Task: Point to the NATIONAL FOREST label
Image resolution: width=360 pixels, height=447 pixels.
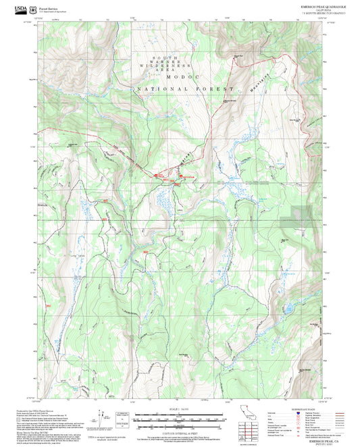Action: (x=185, y=89)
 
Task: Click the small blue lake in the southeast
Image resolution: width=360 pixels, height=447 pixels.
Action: (x=288, y=309)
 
